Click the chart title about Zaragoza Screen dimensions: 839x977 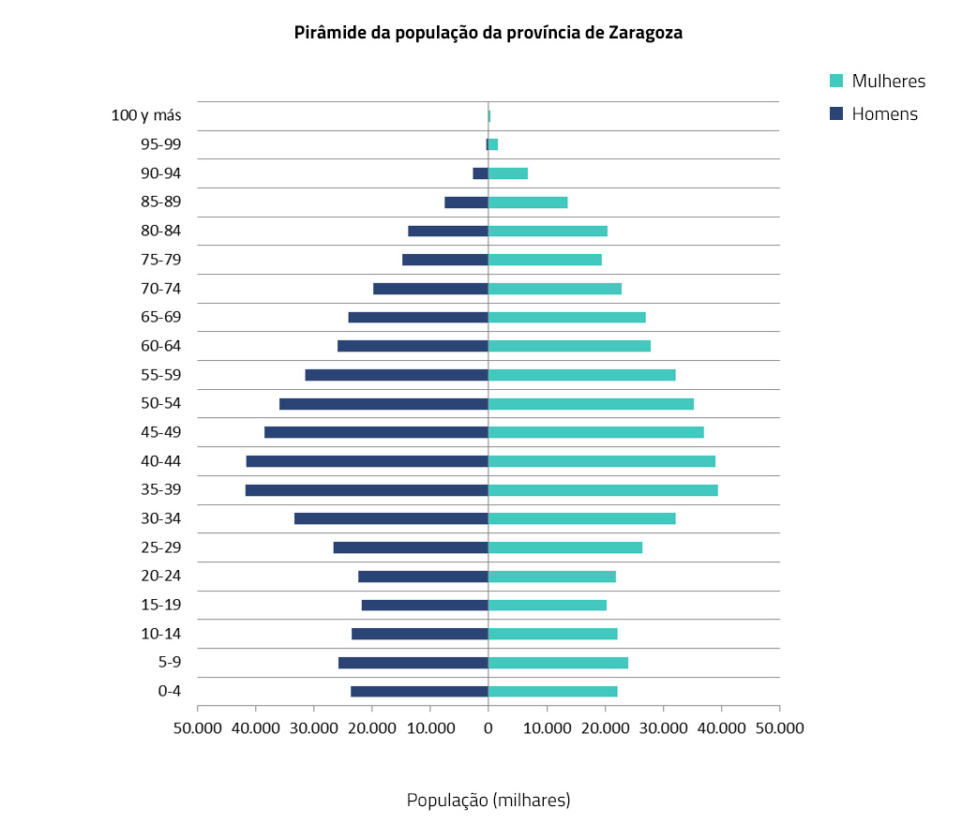pos(488,33)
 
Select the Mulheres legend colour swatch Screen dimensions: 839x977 pos(837,81)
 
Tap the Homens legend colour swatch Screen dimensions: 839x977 pos(837,114)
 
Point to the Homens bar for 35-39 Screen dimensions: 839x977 pos(367,490)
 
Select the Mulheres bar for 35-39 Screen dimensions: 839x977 pos(603,490)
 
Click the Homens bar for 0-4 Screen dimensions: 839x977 pos(419,692)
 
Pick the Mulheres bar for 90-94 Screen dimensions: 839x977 pos(508,173)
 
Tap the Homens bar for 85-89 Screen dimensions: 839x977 pos(466,202)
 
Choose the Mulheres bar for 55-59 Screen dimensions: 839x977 pos(581,375)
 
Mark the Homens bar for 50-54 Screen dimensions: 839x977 pos(383,404)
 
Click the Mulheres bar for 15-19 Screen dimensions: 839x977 pos(548,606)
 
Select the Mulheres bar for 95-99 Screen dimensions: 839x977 pos(493,144)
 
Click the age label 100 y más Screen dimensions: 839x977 pos(145,115)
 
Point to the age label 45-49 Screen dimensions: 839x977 pos(160,432)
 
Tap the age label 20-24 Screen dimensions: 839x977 pos(160,577)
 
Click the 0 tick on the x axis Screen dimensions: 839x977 pos(488,727)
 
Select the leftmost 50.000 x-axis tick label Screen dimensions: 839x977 pos(197,727)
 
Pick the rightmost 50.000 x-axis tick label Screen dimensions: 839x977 pos(780,727)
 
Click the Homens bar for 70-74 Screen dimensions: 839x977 pos(430,289)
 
